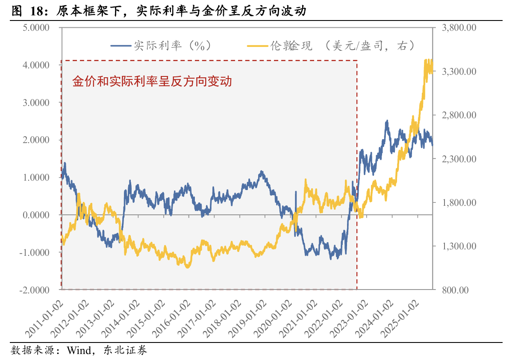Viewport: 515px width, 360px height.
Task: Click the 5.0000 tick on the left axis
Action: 36,28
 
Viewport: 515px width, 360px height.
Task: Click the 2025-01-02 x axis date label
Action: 404,318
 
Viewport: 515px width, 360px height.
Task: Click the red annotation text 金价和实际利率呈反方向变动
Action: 152,81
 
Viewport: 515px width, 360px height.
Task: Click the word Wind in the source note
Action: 78,351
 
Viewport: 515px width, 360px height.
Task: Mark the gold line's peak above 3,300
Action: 427,60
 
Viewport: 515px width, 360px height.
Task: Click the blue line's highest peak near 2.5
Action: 387,121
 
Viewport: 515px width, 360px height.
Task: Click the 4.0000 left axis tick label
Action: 36,65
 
